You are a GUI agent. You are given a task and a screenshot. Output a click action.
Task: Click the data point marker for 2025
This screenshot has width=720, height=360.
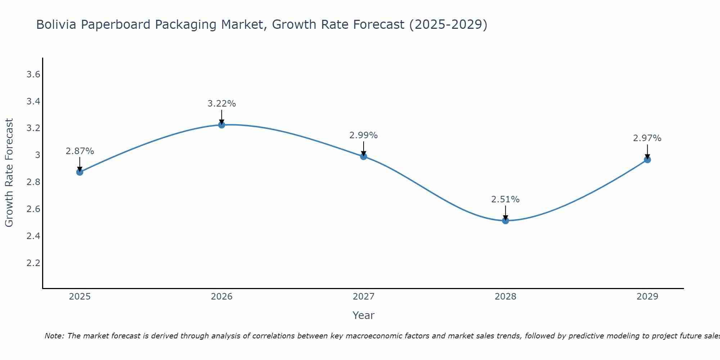80,172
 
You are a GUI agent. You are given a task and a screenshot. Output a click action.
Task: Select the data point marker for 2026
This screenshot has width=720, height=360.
222,125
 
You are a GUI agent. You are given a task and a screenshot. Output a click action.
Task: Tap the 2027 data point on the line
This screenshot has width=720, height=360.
364,156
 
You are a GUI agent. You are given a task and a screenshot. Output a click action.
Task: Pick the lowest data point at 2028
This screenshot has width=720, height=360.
505,221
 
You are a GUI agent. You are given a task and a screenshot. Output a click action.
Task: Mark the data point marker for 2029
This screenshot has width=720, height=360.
647,159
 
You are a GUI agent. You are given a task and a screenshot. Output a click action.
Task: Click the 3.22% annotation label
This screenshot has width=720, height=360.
222,104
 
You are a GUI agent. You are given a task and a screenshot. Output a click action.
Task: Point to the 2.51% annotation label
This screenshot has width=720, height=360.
505,199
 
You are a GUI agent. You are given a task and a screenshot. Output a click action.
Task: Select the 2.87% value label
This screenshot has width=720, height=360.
80,151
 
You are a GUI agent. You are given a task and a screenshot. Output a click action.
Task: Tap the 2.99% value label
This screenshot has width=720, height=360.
364,135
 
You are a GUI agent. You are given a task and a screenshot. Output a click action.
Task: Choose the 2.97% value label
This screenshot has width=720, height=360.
647,138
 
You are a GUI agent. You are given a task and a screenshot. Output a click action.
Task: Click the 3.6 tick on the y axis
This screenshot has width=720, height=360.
33,75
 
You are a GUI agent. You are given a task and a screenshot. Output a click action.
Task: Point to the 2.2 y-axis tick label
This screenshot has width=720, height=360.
33,263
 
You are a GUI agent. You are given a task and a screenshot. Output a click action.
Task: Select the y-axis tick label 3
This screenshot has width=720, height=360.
37,155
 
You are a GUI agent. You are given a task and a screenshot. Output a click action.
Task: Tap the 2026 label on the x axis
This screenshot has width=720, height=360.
222,297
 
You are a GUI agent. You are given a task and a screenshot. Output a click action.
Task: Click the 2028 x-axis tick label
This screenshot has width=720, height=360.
505,297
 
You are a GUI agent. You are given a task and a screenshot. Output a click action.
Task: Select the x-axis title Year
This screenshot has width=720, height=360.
364,315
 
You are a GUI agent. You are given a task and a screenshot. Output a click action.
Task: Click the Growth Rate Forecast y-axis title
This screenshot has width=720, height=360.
9,173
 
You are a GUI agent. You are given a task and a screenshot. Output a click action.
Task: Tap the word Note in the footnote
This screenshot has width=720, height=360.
54,336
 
